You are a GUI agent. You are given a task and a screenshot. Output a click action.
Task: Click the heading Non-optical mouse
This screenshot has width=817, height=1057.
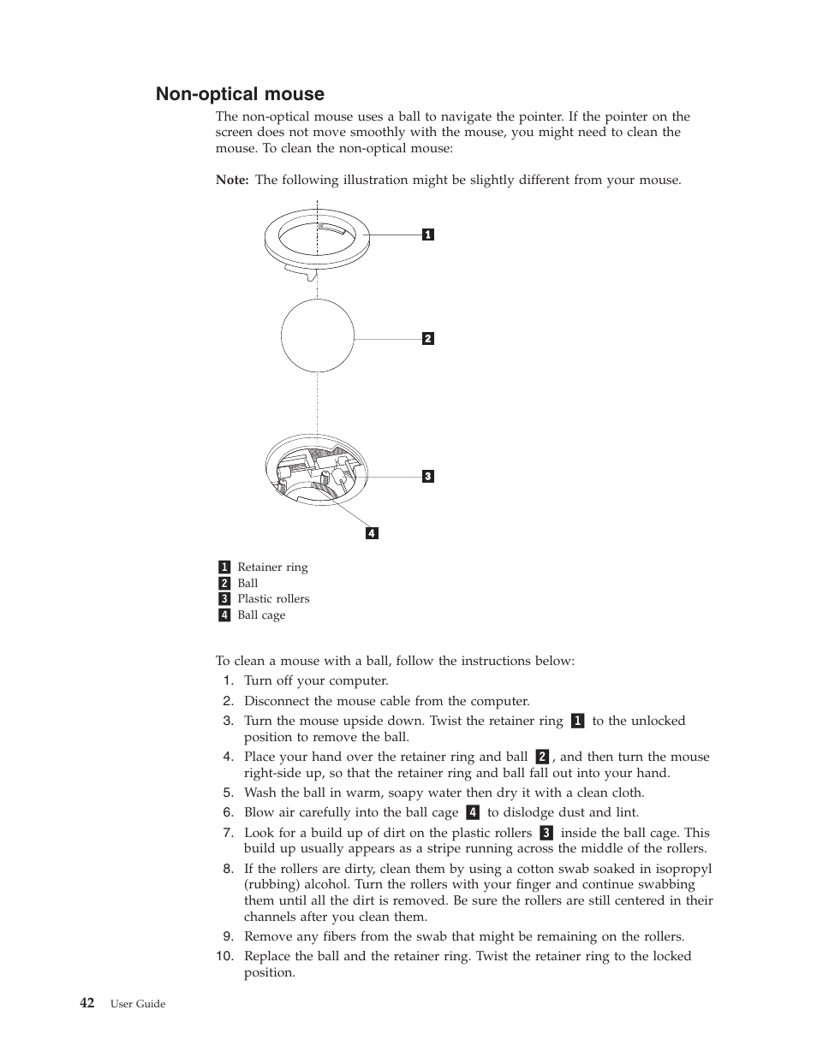point(240,94)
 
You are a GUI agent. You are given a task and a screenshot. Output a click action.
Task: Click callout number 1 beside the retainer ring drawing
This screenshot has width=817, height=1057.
point(428,235)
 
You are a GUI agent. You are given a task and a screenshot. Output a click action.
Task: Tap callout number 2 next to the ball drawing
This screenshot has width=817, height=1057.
point(428,339)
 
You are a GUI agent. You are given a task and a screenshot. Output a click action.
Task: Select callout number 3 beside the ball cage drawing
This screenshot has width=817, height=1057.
point(428,477)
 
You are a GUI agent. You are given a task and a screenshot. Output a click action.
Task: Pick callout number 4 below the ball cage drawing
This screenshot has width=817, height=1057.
point(372,533)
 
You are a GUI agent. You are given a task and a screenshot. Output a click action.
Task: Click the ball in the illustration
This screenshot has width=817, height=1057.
point(318,336)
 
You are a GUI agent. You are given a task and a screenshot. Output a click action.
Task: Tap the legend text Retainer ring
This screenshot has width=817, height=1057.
point(272,567)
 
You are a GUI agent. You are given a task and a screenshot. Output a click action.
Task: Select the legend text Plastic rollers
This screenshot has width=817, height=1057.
point(273,599)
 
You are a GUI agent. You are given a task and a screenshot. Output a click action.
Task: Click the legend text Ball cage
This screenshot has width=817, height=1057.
point(261,615)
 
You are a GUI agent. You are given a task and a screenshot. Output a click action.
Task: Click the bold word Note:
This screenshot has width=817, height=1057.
point(232,181)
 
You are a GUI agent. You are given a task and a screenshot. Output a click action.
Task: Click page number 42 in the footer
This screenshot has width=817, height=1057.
point(87,1003)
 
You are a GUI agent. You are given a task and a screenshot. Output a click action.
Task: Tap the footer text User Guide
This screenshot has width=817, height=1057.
point(138,1004)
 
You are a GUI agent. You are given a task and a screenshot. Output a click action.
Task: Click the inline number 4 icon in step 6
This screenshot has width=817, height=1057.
point(473,813)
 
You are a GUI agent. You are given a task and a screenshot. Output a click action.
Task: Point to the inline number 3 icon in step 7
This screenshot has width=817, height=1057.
point(546,833)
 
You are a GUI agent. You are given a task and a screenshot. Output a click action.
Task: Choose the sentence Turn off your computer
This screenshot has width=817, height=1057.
point(316,681)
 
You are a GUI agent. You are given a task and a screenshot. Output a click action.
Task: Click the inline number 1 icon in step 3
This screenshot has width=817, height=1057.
point(578,721)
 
